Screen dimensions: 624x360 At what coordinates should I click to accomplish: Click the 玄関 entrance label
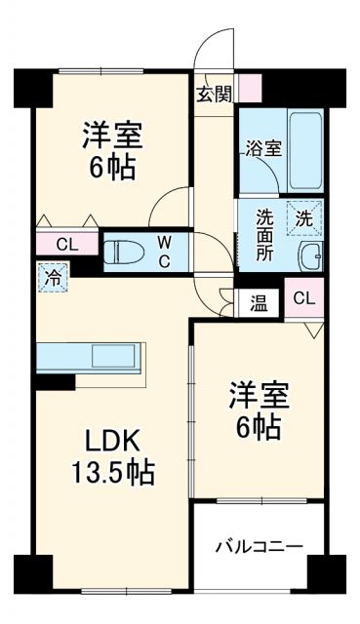(x=214, y=95)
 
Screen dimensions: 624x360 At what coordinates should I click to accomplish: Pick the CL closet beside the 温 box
(x=303, y=298)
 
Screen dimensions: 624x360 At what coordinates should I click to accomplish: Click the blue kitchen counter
(x=90, y=357)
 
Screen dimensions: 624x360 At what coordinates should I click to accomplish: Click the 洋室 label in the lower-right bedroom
(x=258, y=398)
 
